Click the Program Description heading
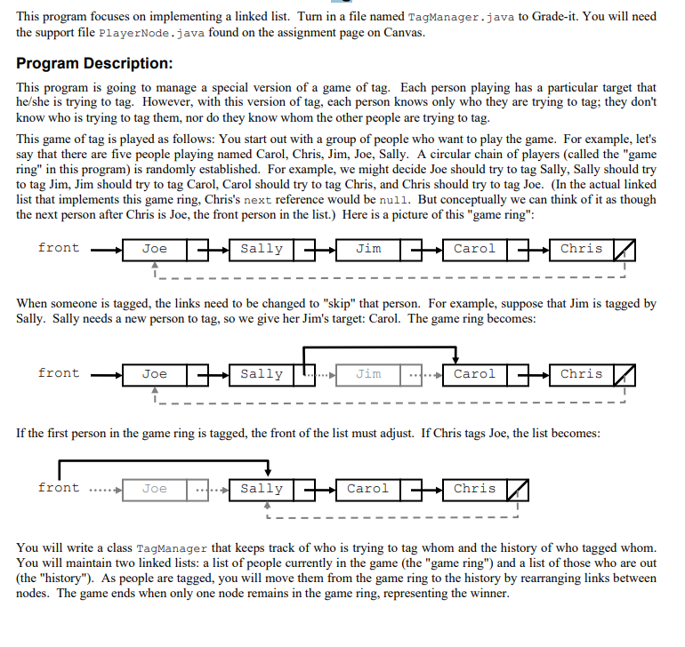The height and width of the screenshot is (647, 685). pos(94,65)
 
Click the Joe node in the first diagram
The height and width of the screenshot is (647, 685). pos(155,249)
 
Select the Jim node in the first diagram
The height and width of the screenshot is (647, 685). pos(368,249)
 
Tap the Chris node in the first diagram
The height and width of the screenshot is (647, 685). pos(581,249)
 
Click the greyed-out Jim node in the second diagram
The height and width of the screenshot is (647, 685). pos(368,374)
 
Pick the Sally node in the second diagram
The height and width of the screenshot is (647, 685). pos(262,374)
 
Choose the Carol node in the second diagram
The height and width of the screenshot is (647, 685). pos(474,374)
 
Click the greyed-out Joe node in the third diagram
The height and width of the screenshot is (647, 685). pos(155,489)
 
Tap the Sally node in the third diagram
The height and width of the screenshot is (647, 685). pos(262,489)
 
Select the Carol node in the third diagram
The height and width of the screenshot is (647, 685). pos(367,489)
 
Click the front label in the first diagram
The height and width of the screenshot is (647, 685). pos(59,248)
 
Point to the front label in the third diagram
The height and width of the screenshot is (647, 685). pos(59,488)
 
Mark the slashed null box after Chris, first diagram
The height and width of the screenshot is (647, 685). pos(625,250)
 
